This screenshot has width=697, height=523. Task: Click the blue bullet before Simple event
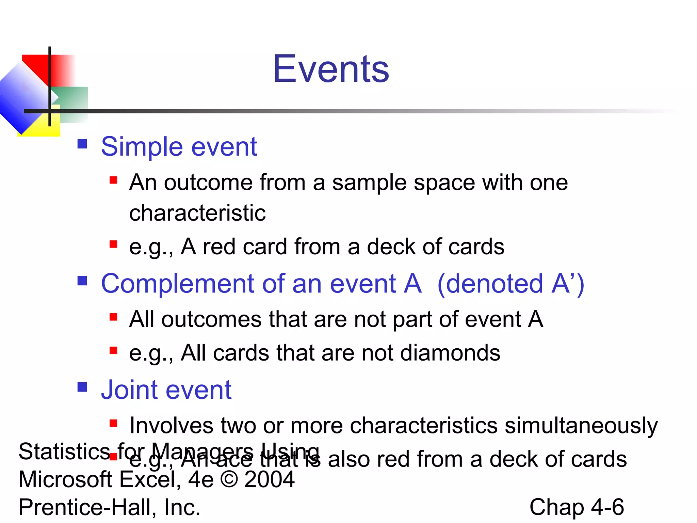point(82,144)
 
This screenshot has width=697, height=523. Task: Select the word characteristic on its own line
point(197,213)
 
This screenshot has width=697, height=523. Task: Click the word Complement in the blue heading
point(178,284)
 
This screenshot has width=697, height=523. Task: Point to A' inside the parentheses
point(563,284)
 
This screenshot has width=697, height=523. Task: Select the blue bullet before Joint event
point(82,387)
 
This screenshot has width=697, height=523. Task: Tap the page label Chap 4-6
point(577,507)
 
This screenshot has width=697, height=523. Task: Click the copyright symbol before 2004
point(229,479)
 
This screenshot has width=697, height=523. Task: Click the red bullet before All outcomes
point(113,317)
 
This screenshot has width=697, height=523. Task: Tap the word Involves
point(171,426)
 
